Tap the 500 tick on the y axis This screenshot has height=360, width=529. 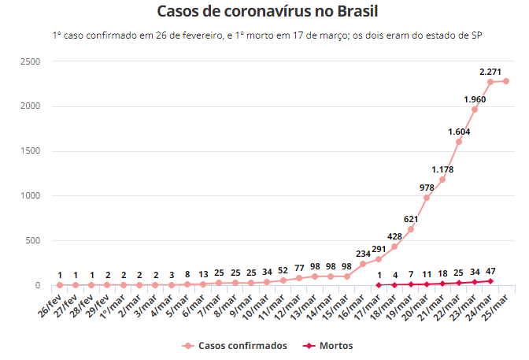click(x=33, y=240)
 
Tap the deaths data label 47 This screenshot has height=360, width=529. click(x=490, y=271)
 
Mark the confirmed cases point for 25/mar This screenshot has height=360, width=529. click(x=506, y=81)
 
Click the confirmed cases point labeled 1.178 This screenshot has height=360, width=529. click(x=442, y=180)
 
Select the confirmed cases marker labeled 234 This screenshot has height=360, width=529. click(x=363, y=264)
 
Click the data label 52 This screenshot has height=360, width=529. click(x=283, y=271)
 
